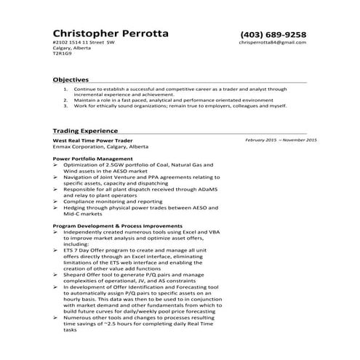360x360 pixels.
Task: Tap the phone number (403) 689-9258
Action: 273,34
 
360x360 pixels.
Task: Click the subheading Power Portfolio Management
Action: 93,158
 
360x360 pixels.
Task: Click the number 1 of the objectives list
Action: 66,89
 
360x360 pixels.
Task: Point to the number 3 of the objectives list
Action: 66,105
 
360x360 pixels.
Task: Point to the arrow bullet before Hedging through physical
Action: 57,208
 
